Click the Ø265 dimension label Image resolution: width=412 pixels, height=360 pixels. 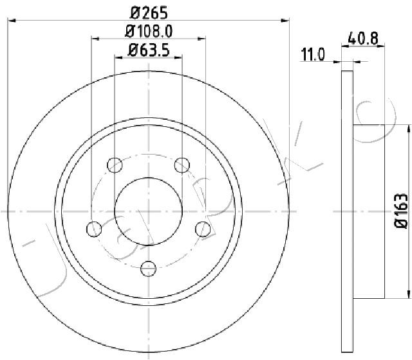coord(149,13)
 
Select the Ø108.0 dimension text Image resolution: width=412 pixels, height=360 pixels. coord(149,32)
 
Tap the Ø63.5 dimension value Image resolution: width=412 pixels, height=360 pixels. coord(149,50)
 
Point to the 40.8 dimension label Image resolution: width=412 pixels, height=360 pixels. coord(363,39)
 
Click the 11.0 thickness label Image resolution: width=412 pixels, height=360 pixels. coord(313,55)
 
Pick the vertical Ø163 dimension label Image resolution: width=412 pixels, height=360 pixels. coord(401,211)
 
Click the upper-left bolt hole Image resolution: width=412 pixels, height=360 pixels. coord(115,165)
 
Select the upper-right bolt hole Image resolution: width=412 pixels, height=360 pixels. coord(182,165)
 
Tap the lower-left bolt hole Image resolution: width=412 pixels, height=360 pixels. coord(94,229)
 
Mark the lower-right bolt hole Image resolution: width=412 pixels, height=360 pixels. coord(203,229)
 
